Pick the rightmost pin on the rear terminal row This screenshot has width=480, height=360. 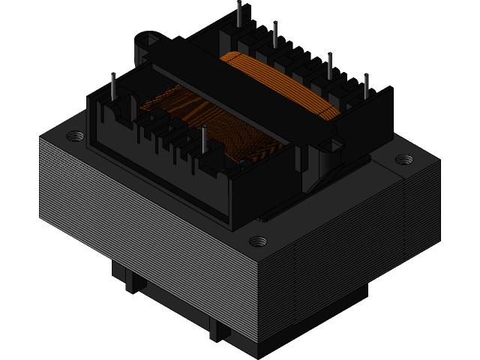[366, 87]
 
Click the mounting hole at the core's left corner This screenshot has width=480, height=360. [75, 136]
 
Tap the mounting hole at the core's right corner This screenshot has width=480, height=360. [403, 160]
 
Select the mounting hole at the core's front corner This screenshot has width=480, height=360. [257, 241]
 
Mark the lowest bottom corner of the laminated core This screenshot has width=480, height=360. [259, 355]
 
